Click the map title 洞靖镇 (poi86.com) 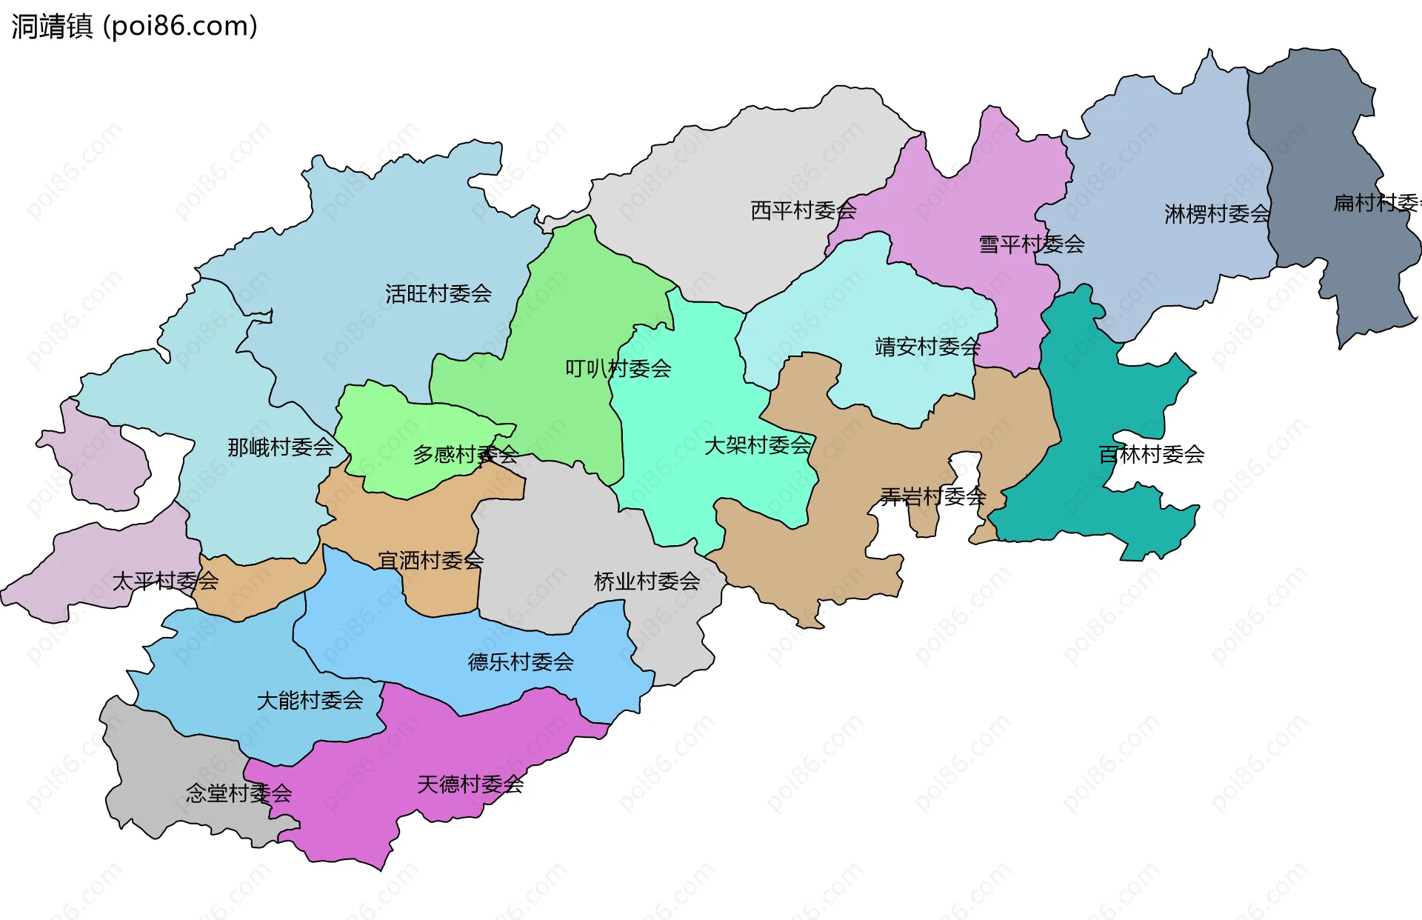coord(134,26)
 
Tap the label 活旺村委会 coord(438,294)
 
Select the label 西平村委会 coord(804,211)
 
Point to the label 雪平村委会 coord(1032,244)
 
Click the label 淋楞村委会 coord(1217,215)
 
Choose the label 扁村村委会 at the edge coord(1376,203)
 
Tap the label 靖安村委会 coord(927,347)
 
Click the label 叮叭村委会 coord(618,369)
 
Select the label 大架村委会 coord(757,446)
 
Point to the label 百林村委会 coord(1151,455)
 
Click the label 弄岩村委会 coord(933,496)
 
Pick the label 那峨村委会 coord(281,447)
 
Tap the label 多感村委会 coord(465,455)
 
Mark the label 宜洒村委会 coord(431,561)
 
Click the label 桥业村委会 coord(647,581)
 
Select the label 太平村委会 coord(165,581)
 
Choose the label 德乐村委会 coord(521,662)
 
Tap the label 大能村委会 coord(310,701)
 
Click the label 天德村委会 coord(470,784)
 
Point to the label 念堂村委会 coord(238,794)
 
